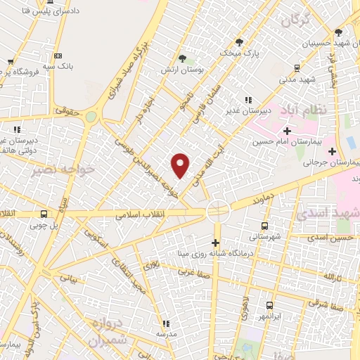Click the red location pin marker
181,165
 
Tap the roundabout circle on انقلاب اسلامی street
217,210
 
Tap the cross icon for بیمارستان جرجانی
332,150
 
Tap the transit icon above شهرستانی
264,226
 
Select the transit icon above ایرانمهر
269,305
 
